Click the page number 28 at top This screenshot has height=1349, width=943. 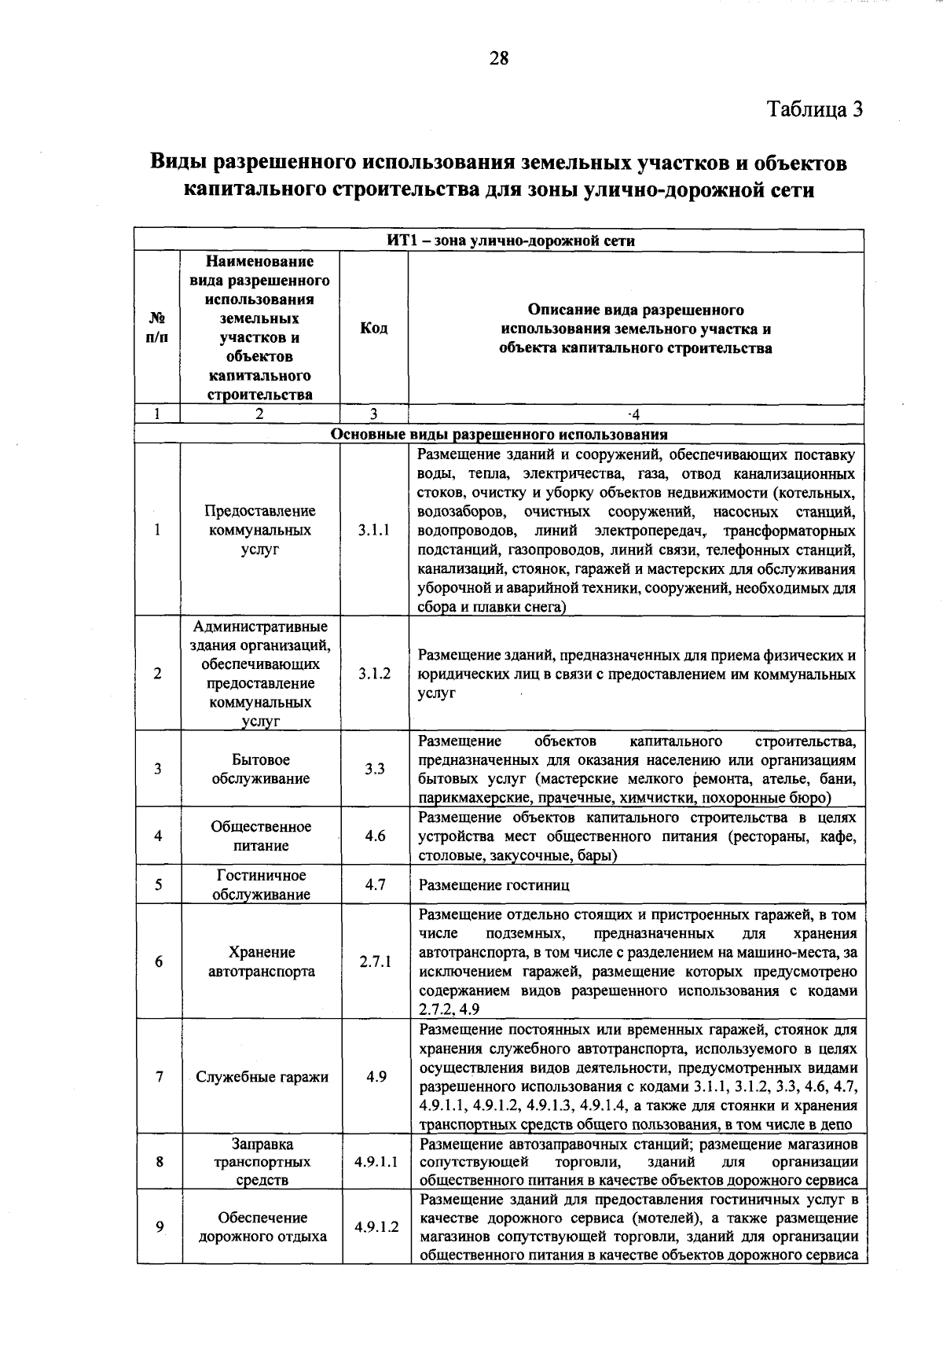click(499, 58)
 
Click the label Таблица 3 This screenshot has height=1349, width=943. click(814, 109)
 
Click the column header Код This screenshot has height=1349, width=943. click(373, 328)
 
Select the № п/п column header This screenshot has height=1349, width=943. click(157, 328)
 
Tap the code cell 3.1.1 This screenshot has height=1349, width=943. click(373, 531)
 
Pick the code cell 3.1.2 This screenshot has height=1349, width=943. click(374, 674)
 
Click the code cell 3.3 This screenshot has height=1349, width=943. click(374, 770)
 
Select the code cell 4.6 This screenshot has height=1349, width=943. click(375, 836)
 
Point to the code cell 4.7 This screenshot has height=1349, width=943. click(375, 884)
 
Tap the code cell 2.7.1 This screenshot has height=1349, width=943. click(375, 961)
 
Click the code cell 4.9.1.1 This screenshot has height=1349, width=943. click(376, 1161)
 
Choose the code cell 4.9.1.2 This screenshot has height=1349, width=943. click(376, 1226)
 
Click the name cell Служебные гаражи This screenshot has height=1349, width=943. click(262, 1077)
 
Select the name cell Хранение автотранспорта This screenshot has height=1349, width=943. click(262, 961)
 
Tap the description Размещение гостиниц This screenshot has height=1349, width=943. click(494, 885)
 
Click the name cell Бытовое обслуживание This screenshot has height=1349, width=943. click(260, 770)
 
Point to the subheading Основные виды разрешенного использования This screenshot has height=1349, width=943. click(499, 434)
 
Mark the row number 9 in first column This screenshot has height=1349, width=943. click(160, 1226)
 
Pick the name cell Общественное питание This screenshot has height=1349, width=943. click(261, 836)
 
